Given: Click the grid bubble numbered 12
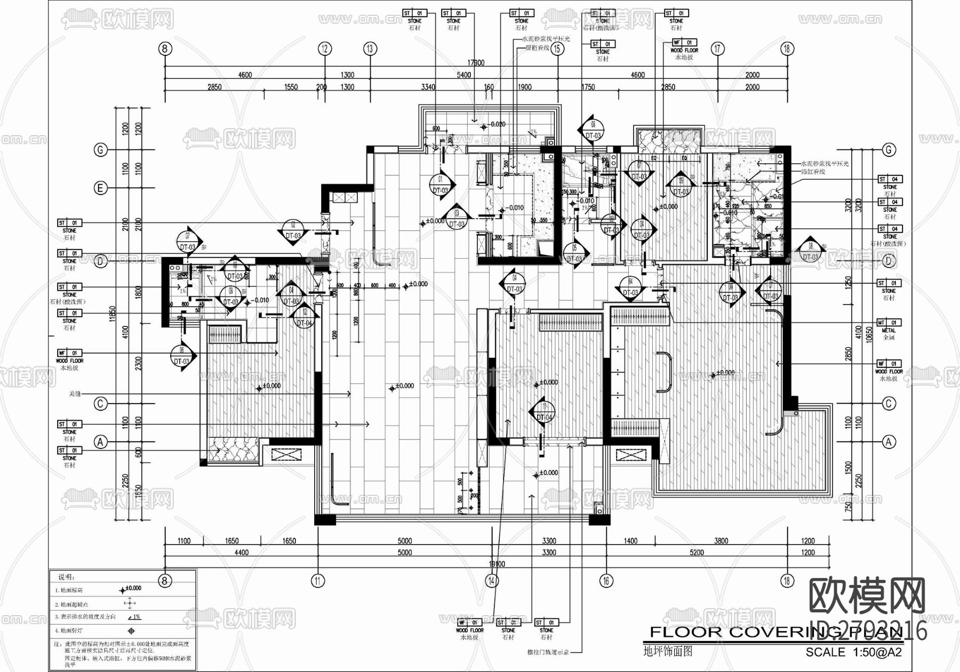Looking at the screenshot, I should coord(325,49).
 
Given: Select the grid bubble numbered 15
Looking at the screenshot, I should coord(558,49).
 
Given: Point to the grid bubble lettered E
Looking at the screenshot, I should coord(100,188).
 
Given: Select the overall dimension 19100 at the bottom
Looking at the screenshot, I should coord(496,564).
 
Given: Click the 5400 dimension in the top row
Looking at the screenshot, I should coord(464,75).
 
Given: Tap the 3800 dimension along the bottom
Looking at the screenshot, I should coord(721,541).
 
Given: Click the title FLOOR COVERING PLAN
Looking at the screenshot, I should coord(773,633).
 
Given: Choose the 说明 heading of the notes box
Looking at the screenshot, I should coord(67,577).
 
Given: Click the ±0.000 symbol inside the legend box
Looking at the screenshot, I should coord(130,589).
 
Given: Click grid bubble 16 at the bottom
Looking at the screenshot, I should coord(606,581).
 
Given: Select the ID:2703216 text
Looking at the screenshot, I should coord(868,632).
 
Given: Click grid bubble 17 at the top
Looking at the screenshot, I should coord(718,49).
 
